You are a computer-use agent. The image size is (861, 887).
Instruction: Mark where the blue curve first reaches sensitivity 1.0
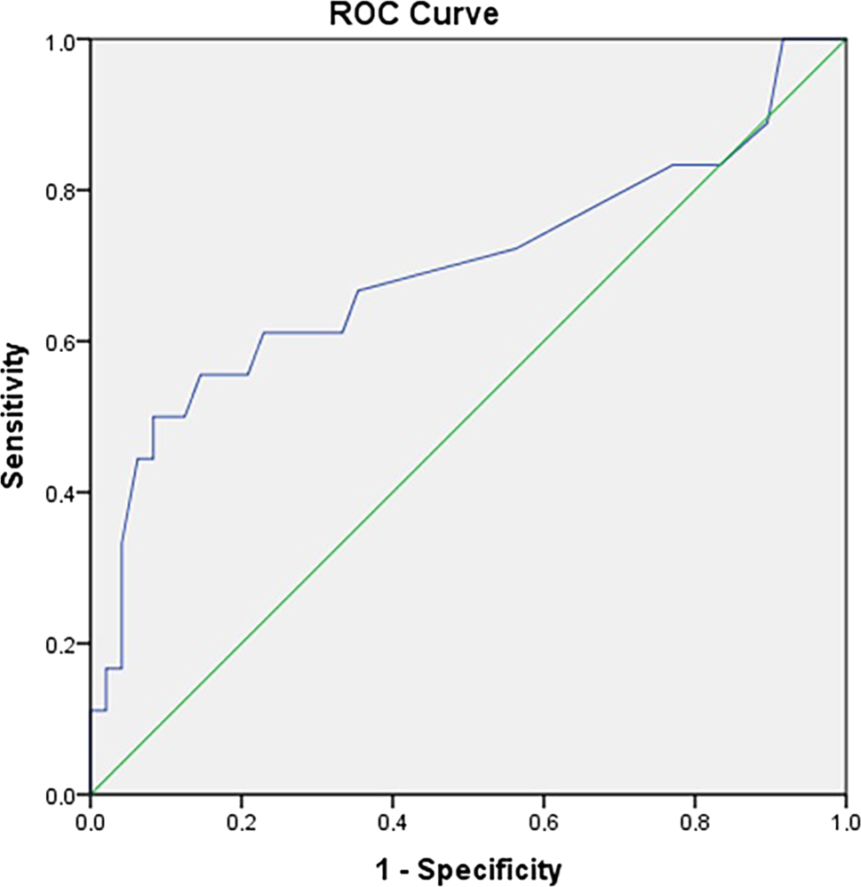pyautogui.click(x=783, y=40)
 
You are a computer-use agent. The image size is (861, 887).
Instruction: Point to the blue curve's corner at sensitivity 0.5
pyautogui.click(x=154, y=417)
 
